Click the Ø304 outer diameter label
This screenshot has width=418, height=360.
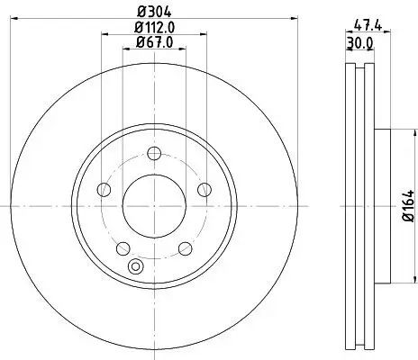[154, 11]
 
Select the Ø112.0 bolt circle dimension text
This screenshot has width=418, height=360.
[154, 26]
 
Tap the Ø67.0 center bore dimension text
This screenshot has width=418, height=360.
[154, 41]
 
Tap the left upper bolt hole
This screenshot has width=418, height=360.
[104, 188]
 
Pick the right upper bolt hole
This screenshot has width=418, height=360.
[204, 188]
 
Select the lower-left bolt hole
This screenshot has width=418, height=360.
[123, 247]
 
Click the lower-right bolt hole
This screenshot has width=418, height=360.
[186, 247]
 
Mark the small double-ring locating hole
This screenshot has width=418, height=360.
[137, 266]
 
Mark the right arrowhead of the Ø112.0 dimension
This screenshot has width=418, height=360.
[203, 35]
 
